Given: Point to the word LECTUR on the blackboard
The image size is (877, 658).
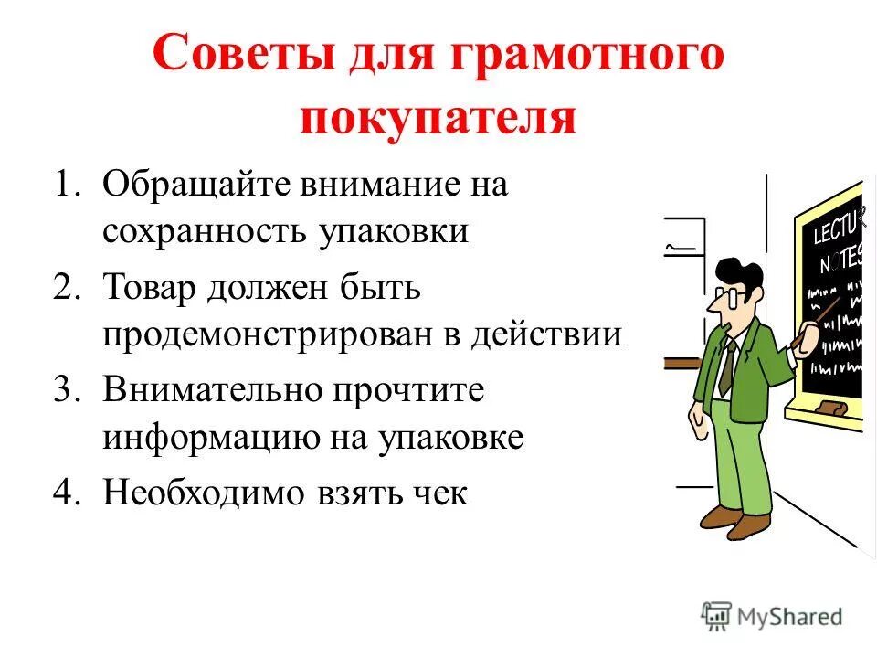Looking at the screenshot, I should click(835, 224).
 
